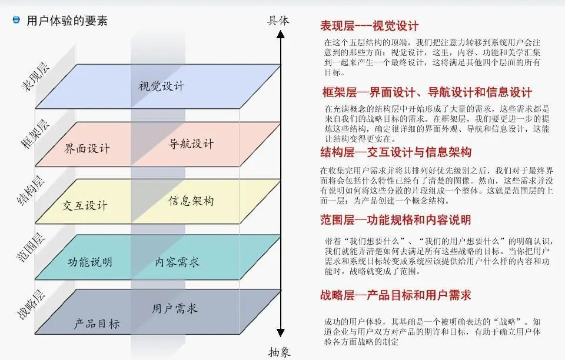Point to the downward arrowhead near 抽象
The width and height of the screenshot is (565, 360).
(x=281, y=334)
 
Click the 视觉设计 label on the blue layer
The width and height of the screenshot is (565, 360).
(x=161, y=86)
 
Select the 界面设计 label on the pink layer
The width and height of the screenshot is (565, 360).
(x=87, y=148)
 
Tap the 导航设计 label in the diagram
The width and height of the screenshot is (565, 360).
(x=191, y=144)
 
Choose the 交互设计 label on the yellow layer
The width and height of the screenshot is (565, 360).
(x=85, y=205)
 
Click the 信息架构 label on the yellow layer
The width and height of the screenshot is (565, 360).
(x=191, y=201)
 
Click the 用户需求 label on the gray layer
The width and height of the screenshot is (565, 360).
(x=175, y=308)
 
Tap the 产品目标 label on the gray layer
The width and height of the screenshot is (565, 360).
(x=97, y=324)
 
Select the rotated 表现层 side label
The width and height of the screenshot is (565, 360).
(x=36, y=76)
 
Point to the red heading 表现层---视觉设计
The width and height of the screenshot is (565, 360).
(x=369, y=26)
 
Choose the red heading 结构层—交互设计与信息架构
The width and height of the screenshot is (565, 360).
(x=395, y=153)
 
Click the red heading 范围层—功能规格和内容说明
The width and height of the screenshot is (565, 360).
(x=395, y=220)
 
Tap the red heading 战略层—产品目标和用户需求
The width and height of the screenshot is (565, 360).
(x=395, y=295)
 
